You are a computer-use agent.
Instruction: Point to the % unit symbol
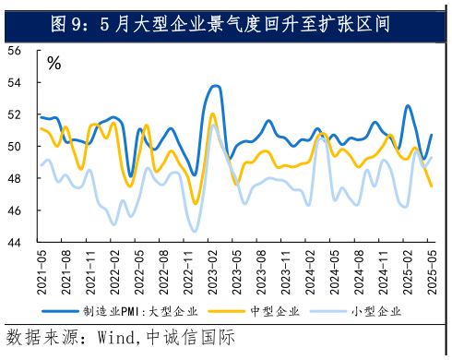pos(54,64)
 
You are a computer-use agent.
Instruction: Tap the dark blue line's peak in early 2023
pos(215,86)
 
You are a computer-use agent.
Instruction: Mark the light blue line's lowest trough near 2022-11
pos(194,232)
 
